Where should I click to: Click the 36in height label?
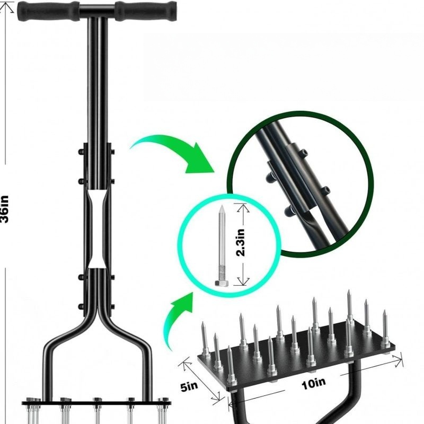coord(5,209)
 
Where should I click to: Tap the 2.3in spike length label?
coord(241,243)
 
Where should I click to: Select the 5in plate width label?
coord(189,386)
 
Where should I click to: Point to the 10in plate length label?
coord(313,384)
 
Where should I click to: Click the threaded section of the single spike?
coord(222,272)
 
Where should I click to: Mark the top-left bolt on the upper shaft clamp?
coord(81,152)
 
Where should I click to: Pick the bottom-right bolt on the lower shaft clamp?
coord(112,307)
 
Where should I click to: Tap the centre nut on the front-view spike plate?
coord(97,400)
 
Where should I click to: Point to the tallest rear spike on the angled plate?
coord(349,306)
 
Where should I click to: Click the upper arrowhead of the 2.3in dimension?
coord(243,208)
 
